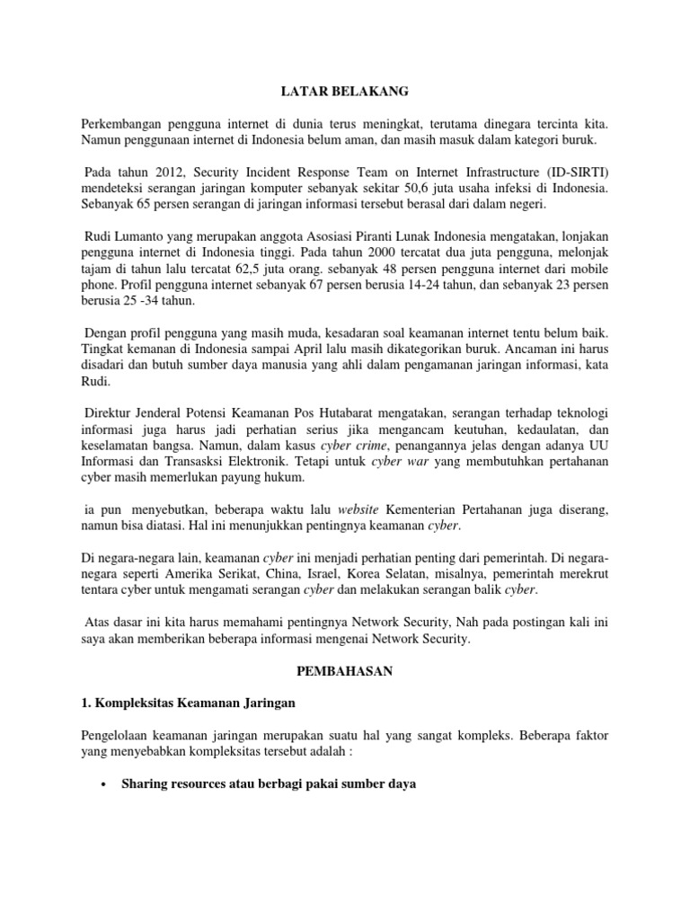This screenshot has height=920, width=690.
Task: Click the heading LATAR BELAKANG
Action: (344, 91)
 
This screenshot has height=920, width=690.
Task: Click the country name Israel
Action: (320, 574)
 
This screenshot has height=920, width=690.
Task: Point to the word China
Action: (276, 574)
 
